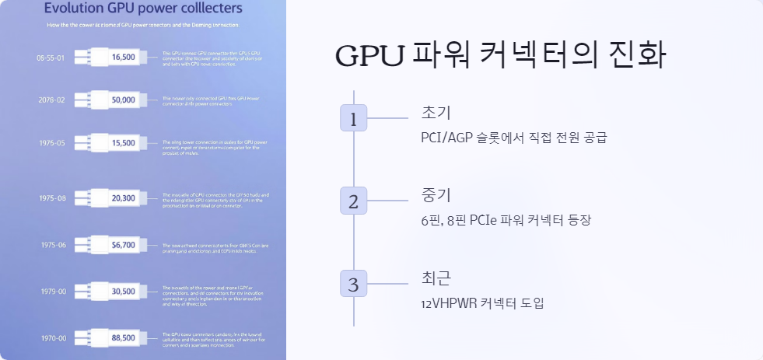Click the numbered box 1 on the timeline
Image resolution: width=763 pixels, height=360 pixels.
coord(353,119)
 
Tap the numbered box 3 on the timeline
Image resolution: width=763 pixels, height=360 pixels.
coord(353,284)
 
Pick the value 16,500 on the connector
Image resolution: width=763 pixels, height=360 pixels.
coord(124,58)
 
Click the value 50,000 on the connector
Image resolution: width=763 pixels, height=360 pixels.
coord(124,100)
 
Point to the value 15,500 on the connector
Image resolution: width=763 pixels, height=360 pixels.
coord(124,143)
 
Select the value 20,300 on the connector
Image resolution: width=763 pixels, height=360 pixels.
coord(124,198)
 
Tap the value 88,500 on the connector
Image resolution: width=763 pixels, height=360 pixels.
coord(124,338)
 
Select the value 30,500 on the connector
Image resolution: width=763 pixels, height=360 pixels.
coord(124,292)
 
